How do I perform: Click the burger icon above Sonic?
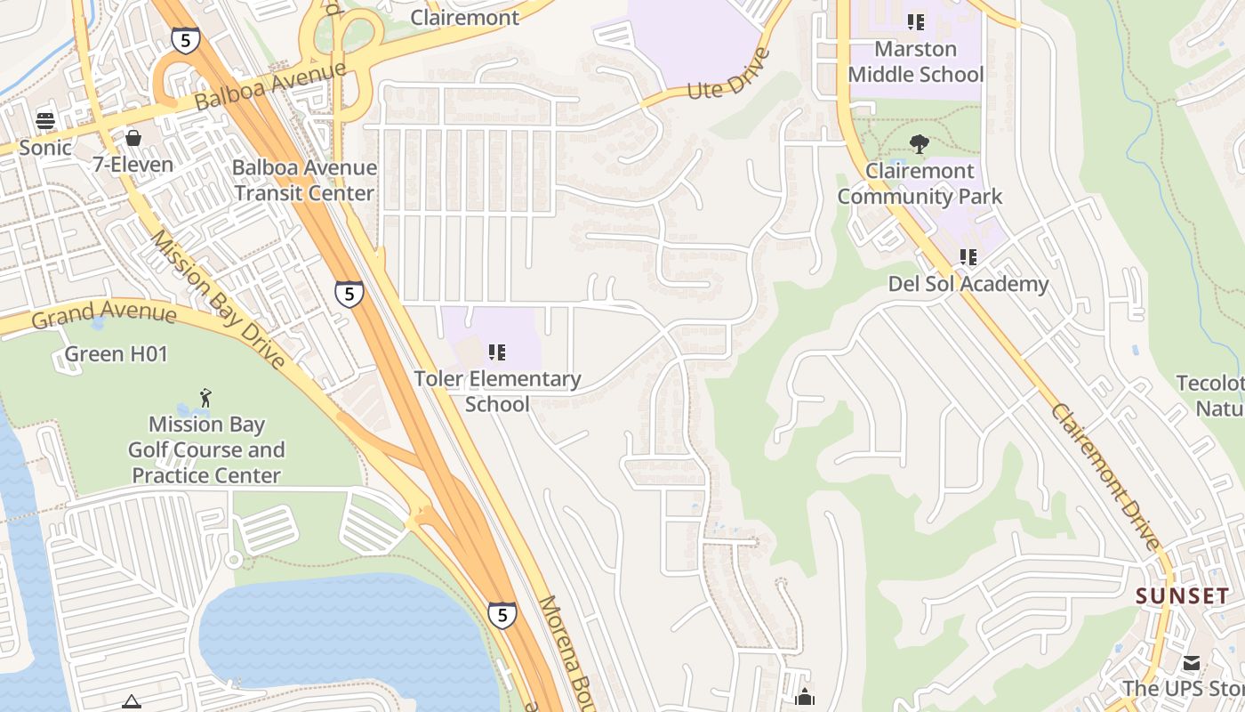[x=45, y=121]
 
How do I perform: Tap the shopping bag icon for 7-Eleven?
[x=133, y=138]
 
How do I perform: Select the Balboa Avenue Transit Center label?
[x=304, y=180]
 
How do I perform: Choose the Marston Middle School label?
[x=916, y=61]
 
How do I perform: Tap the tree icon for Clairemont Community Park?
[x=920, y=143]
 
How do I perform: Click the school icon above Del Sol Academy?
[x=968, y=258]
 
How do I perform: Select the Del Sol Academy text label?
[x=968, y=284]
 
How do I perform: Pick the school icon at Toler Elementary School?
[x=497, y=353]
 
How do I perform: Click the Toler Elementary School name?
[x=497, y=392]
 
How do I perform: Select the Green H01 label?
[x=116, y=354]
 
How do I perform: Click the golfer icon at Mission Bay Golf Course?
[x=206, y=397]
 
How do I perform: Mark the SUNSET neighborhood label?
[x=1182, y=596]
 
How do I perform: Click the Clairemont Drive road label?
[x=1105, y=476]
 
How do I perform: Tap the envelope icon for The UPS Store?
[x=1191, y=663]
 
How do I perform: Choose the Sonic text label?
[x=45, y=148]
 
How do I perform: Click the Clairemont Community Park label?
[x=920, y=183]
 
